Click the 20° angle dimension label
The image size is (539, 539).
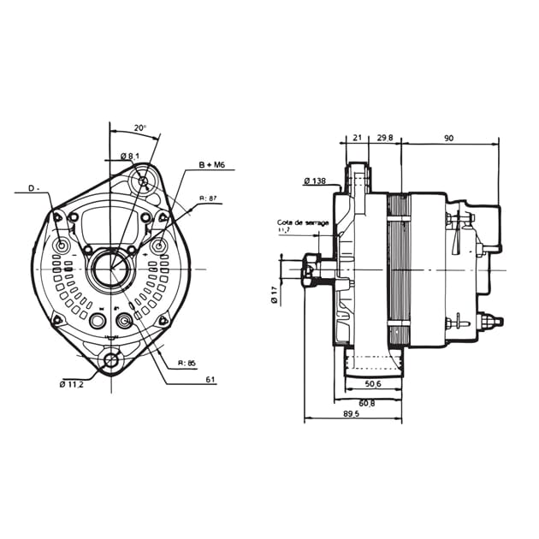[140, 127]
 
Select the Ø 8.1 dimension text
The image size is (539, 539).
[130, 156]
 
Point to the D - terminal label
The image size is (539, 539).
[34, 187]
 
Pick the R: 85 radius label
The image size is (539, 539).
[187, 363]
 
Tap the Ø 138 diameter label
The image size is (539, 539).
[315, 181]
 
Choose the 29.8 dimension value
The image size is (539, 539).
[385, 138]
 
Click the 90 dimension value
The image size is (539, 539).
[448, 138]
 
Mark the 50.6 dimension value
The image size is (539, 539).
[371, 384]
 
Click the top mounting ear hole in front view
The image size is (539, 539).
[142, 182]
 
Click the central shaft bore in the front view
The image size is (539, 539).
[110, 268]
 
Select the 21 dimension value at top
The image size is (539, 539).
[358, 138]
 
